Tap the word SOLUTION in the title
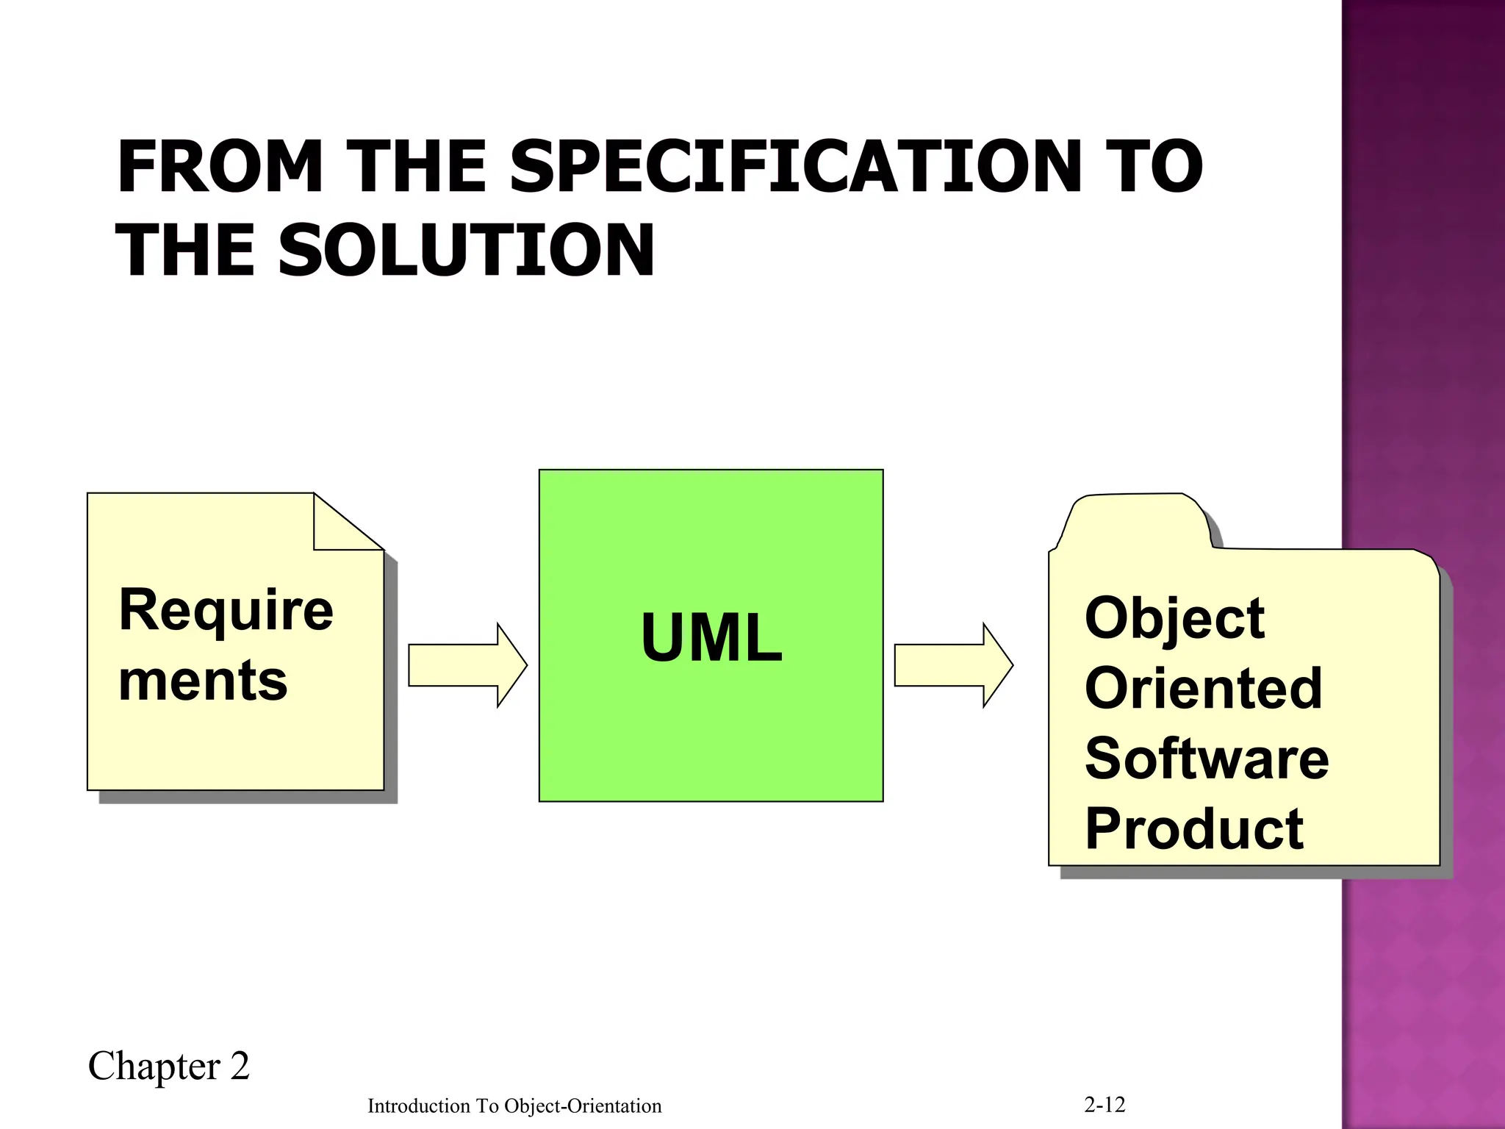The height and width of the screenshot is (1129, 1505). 466,251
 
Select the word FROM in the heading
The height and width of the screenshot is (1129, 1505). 220,168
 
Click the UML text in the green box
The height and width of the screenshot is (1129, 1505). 711,637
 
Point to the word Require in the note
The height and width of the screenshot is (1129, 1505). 226,610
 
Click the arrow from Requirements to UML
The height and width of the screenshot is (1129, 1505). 467,665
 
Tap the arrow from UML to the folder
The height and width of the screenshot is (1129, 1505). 953,665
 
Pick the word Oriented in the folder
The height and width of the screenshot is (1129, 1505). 1203,688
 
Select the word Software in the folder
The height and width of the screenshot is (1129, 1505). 1207,759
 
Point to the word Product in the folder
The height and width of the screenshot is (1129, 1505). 1194,829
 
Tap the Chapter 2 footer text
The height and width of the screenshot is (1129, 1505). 169,1067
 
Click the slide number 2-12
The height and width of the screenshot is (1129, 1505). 1104,1104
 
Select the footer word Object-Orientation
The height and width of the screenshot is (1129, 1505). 583,1106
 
